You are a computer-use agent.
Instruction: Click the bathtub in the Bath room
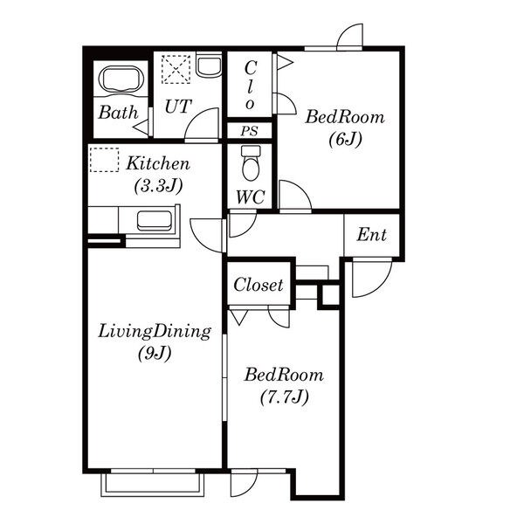point(121,79)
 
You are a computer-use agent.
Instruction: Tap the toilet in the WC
point(251,163)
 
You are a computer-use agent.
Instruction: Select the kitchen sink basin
point(155,221)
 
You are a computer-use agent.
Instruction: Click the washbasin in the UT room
point(209,65)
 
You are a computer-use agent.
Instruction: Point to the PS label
point(249,131)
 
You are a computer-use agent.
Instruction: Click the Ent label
point(372,235)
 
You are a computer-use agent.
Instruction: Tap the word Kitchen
point(158,163)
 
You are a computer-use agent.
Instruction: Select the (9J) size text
point(155,353)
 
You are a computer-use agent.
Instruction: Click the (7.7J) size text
point(284,397)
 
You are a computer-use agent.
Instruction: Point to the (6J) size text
point(345,139)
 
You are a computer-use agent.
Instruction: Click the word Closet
point(259,285)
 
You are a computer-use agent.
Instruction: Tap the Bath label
point(118,113)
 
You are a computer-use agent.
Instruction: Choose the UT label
point(178,107)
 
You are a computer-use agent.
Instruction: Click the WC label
point(251,197)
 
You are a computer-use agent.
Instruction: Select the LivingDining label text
point(155,332)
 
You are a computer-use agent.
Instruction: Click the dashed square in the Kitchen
point(104,160)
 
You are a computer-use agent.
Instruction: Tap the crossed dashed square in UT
point(176,70)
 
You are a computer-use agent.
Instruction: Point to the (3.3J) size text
point(158,186)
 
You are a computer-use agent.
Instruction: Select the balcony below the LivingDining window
point(153,484)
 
